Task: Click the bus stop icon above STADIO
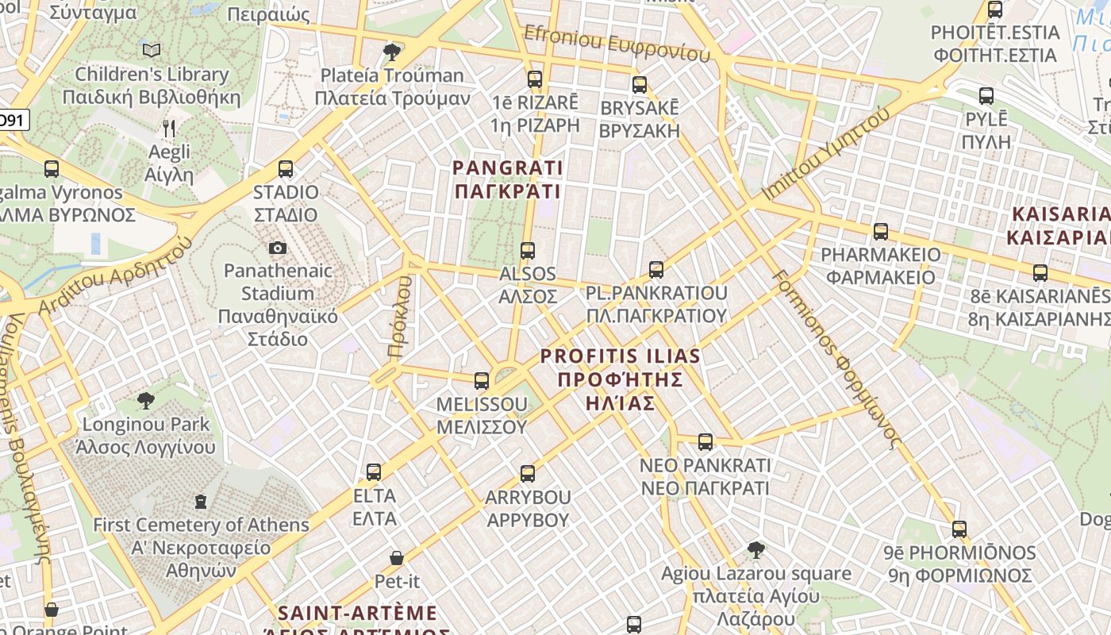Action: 286,169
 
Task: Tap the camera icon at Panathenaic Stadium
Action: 277,248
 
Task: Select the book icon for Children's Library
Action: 152,51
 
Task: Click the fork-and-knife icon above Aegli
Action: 168,128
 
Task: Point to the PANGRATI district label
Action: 507,179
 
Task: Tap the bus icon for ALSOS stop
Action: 528,251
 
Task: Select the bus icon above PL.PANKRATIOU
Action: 655,270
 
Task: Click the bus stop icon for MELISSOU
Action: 481,381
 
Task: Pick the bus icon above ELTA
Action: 374,472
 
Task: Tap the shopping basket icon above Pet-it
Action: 397,558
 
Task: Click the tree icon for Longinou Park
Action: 145,400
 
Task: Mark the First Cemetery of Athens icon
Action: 201,502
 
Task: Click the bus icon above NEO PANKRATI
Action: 705,442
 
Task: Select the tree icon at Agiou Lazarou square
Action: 756,549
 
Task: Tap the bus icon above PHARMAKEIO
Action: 881,232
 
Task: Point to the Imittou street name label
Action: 826,156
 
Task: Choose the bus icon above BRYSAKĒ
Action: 640,85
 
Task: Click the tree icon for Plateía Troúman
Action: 391,52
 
